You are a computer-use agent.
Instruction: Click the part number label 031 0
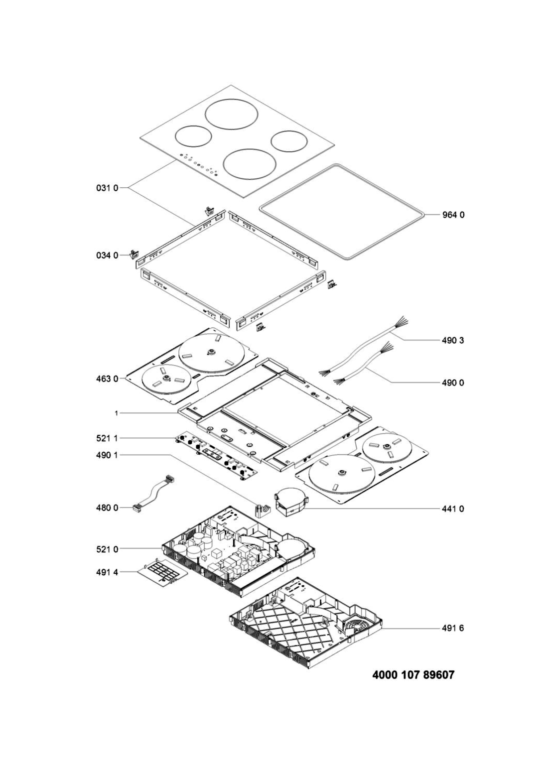click(107, 188)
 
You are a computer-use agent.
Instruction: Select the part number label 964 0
click(453, 215)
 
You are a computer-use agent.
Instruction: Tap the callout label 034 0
click(107, 256)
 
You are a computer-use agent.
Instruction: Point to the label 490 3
click(453, 341)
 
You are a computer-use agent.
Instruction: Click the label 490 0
click(453, 383)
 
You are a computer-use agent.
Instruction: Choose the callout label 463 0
click(107, 379)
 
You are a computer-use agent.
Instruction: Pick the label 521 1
click(107, 438)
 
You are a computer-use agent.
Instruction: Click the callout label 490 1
click(107, 455)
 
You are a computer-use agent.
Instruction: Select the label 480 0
click(107, 508)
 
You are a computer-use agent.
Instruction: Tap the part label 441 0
click(453, 509)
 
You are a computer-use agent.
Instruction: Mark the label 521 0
click(107, 549)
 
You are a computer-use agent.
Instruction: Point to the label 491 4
click(107, 572)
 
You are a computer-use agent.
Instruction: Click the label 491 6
click(453, 629)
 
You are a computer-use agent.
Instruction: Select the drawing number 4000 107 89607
click(413, 676)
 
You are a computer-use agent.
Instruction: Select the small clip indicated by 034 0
click(134, 255)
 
